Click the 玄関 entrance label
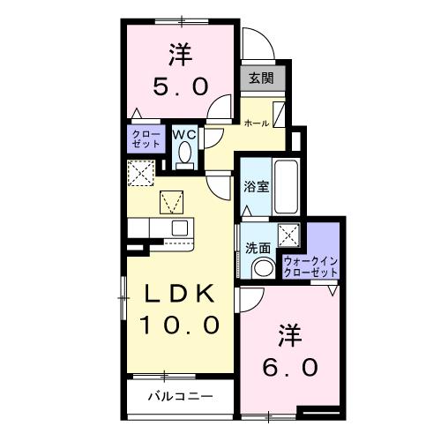coord(261,78)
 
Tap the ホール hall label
coord(256,122)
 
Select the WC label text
coord(184,134)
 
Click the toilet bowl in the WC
coord(184,155)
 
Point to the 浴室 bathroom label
coord(257,186)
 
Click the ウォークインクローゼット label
coord(310,265)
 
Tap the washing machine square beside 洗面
coord(288,235)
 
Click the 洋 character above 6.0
coord(291,334)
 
